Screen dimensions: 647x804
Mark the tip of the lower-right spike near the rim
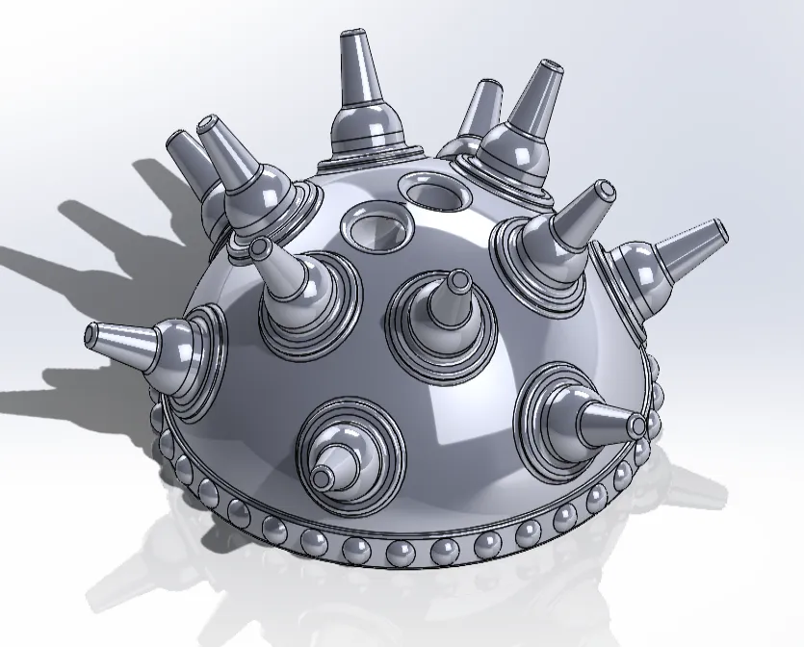(638, 425)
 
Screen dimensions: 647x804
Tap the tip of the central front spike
(458, 280)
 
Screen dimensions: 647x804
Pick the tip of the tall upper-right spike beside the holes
(551, 69)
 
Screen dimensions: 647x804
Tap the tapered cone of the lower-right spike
(607, 418)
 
